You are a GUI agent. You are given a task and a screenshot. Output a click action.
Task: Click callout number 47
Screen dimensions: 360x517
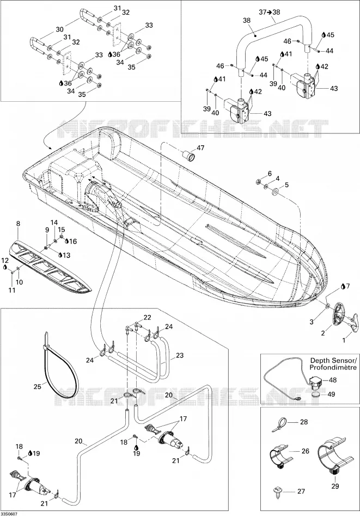click(200, 147)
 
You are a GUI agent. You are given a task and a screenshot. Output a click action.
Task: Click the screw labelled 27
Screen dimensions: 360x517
click(277, 491)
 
